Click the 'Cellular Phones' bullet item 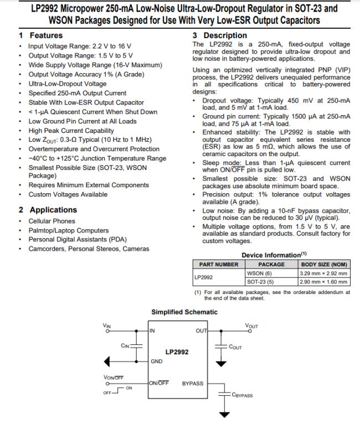pos(52,221)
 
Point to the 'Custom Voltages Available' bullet pos(68,194)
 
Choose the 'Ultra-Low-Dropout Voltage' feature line pos(68,84)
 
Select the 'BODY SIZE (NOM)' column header pos(325,265)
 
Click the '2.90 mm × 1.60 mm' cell pos(324,281)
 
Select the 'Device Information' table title pos(271,255)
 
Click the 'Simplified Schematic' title pos(184,312)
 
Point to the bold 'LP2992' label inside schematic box pos(177,352)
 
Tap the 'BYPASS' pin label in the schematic pos(192,383)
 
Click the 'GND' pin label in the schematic pos(157,361)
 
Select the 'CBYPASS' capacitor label pos(242,395)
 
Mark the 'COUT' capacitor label pos(235,347)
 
